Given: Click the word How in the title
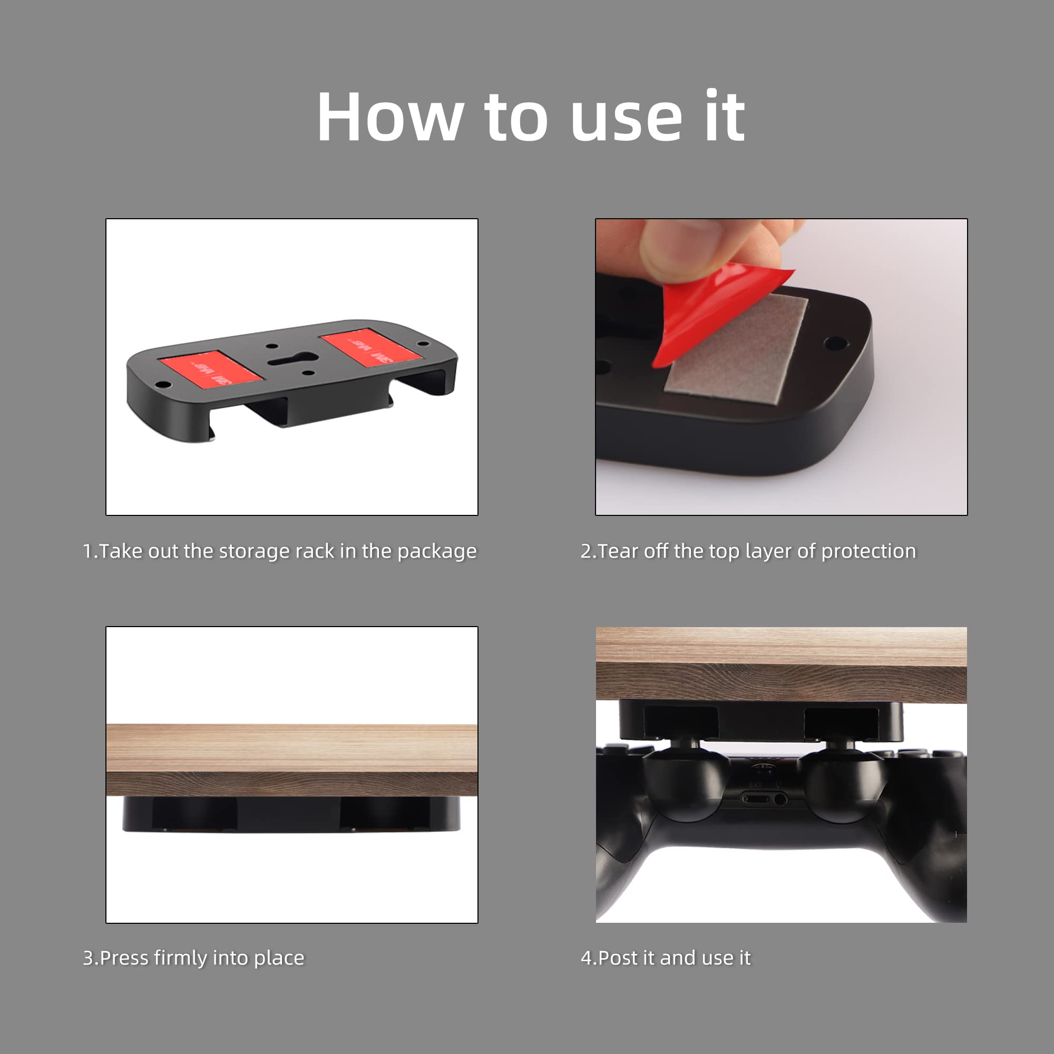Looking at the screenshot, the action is coord(390,118).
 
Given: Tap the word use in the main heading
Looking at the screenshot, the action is coord(626,123).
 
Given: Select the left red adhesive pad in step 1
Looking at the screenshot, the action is coord(211,369).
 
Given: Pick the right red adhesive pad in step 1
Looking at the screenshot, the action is coord(371,347).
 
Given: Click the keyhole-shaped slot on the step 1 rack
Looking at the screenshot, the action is coord(292,359).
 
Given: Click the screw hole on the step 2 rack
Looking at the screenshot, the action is coord(835,344).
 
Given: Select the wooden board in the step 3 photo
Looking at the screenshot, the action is coord(292,759).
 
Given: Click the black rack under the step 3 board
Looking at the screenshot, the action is coord(292,814).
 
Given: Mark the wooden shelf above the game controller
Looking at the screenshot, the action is coord(781,665).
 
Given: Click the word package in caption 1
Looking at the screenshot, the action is coord(437,552).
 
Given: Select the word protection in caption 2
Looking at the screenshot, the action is coord(868,552).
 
